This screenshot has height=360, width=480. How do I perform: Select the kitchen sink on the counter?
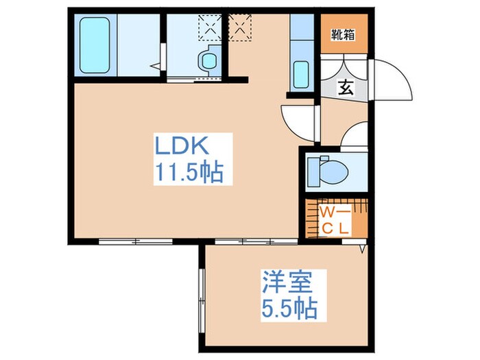[x=301, y=73]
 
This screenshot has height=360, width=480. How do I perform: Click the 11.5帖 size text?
[x=188, y=173]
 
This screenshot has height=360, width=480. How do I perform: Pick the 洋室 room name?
[x=287, y=283]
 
